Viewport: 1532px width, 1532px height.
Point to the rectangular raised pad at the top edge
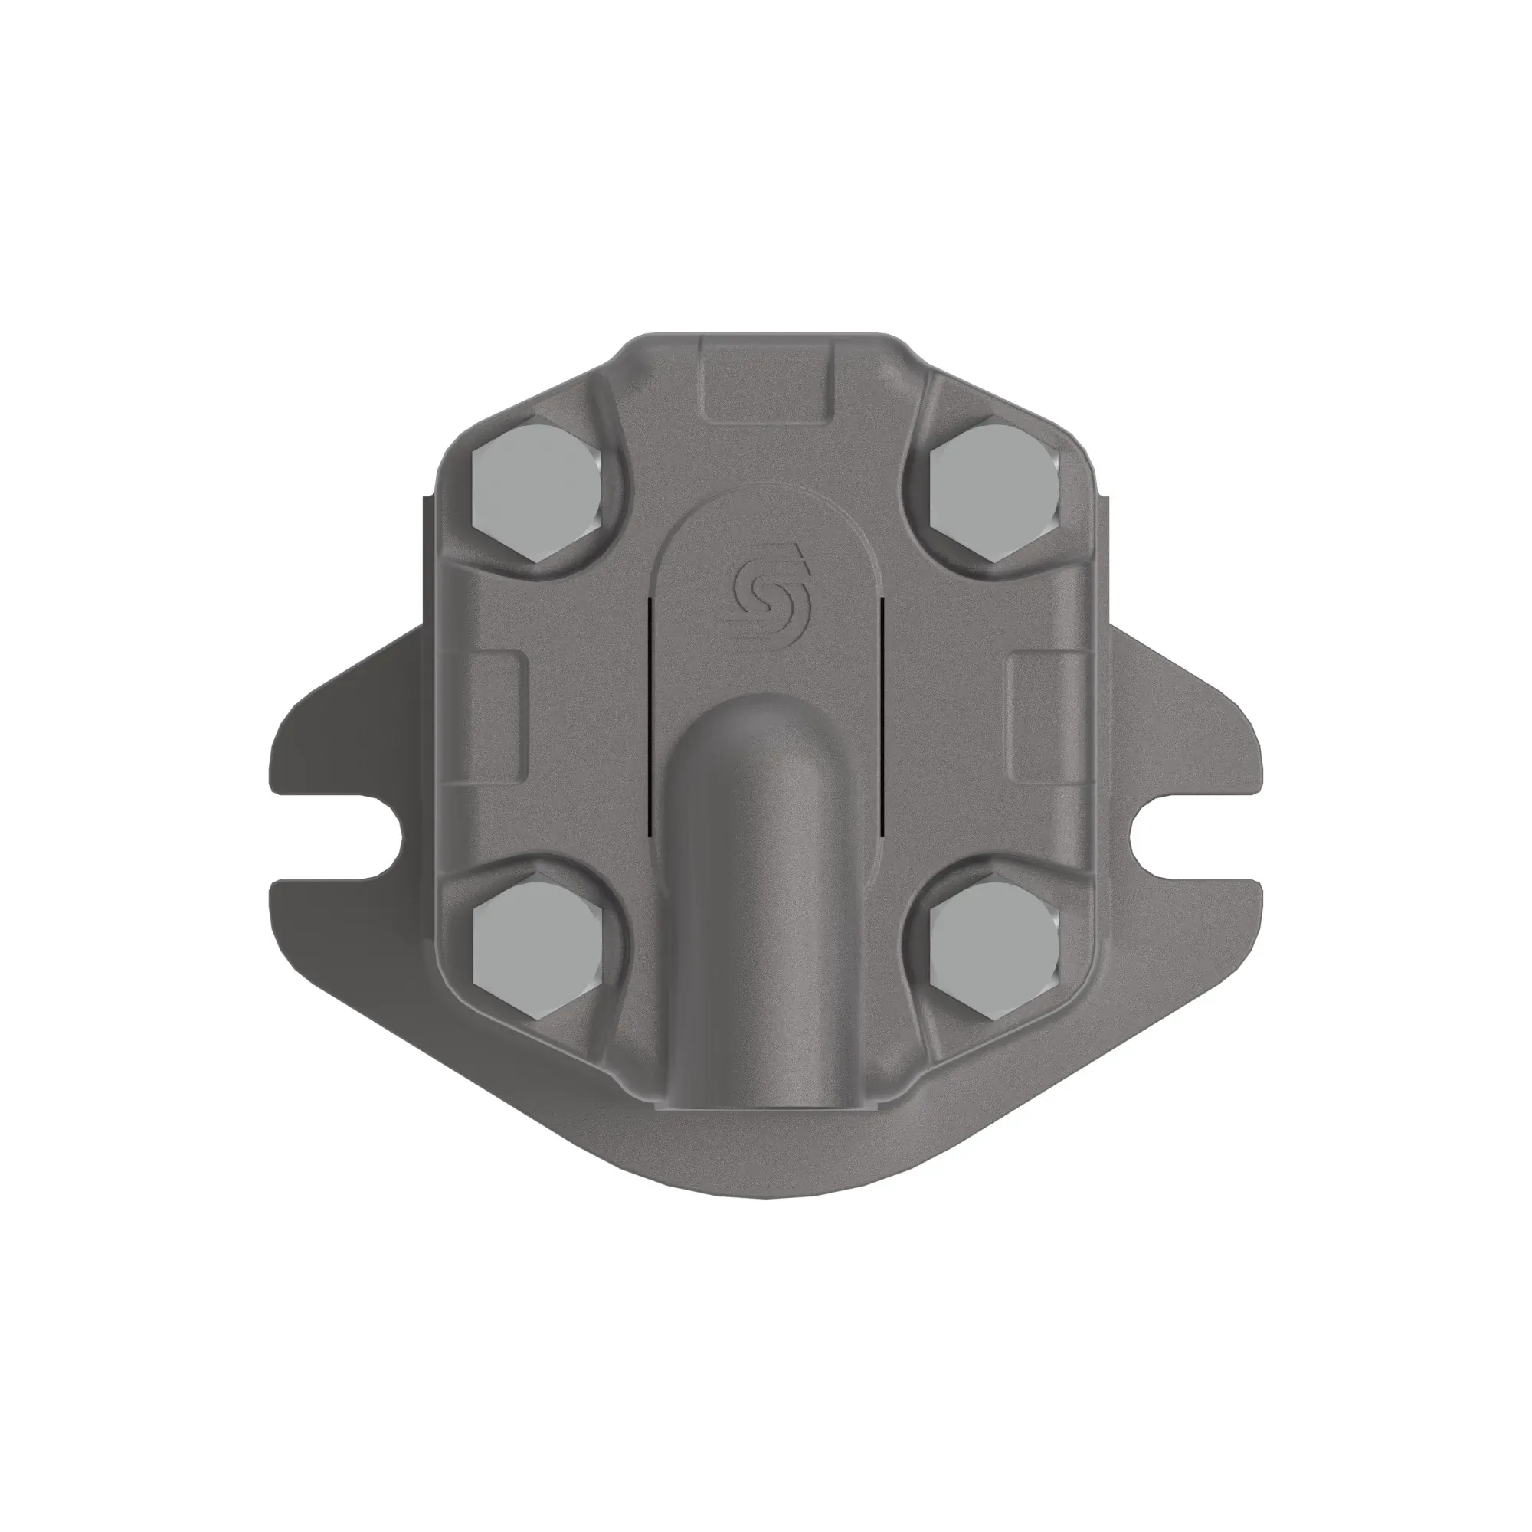[x=768, y=379]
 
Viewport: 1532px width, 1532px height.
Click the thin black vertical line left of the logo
[x=650, y=714]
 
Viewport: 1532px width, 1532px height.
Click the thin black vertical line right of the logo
[x=882, y=714]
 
